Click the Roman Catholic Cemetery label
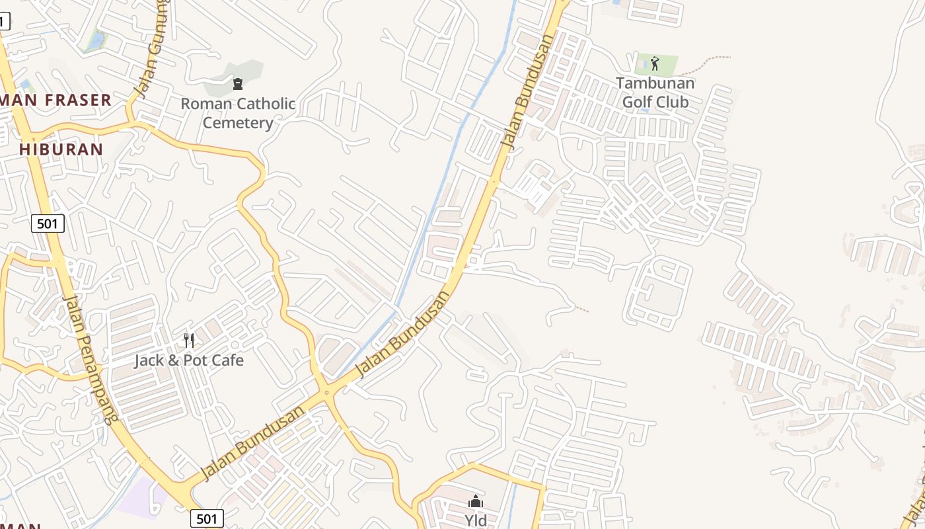238,113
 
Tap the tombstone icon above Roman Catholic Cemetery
237,84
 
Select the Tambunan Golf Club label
655,93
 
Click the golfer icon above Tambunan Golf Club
655,63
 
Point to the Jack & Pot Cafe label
189,360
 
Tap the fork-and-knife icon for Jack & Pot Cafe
189,341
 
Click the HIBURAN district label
61,149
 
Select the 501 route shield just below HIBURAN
48,224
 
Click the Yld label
476,520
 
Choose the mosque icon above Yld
476,501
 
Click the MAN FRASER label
55,101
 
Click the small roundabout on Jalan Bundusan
326,393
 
